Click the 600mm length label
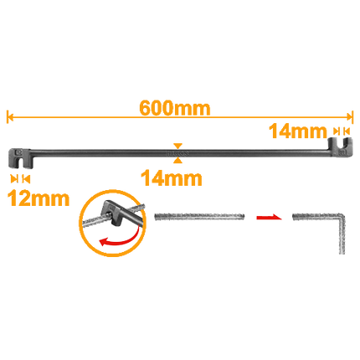click(x=175, y=108)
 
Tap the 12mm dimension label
click(x=39, y=198)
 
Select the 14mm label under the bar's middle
click(x=172, y=178)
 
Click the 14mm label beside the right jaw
click(x=298, y=131)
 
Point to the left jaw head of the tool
click(x=19, y=158)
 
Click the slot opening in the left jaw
click(x=20, y=164)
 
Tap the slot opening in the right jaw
click(x=342, y=141)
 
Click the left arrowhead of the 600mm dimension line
click(x=10, y=117)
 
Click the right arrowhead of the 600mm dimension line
click(x=350, y=117)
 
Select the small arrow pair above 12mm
click(x=20, y=179)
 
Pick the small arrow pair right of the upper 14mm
click(x=342, y=131)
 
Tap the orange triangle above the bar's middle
click(x=177, y=147)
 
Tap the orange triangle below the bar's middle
click(x=177, y=160)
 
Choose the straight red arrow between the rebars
click(x=269, y=217)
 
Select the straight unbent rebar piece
click(x=199, y=217)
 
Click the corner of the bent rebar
click(x=342, y=217)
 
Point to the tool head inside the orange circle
click(x=113, y=213)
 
